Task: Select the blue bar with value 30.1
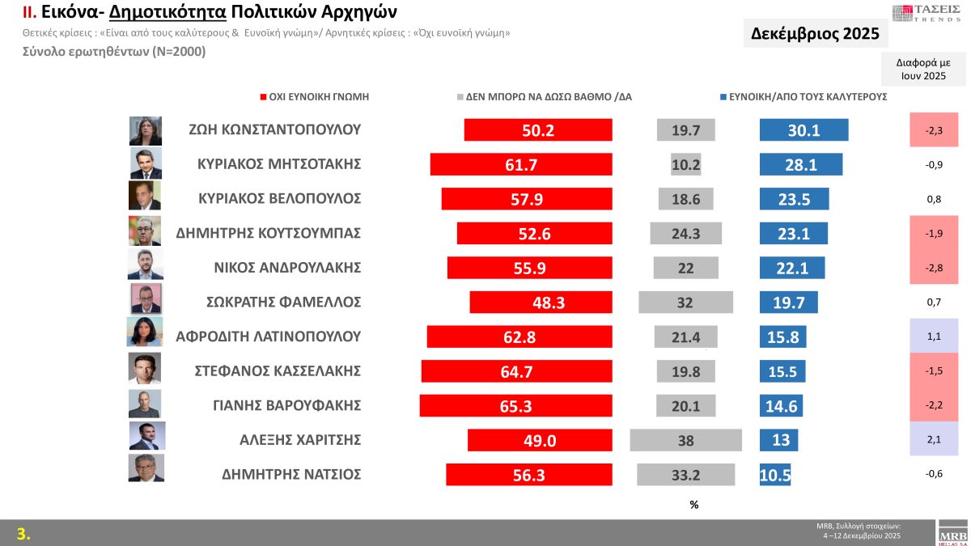click(804, 130)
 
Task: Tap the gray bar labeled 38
click(685, 440)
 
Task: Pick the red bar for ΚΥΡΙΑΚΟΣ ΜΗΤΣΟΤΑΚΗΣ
click(521, 164)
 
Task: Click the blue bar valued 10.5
click(775, 475)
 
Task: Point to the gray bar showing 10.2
click(685, 164)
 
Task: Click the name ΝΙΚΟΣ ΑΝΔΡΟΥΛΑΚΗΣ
click(279, 268)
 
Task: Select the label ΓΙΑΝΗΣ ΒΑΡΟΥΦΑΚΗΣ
click(279, 405)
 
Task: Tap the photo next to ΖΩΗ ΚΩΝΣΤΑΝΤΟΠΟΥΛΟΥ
click(146, 130)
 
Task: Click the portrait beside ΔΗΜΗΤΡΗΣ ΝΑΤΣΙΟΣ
click(146, 468)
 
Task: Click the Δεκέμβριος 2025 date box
click(815, 35)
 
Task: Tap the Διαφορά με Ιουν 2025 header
click(923, 69)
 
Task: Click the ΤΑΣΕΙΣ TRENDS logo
click(927, 13)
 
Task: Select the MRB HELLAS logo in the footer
click(952, 533)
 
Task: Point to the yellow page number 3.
click(23, 533)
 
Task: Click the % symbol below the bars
click(693, 505)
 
